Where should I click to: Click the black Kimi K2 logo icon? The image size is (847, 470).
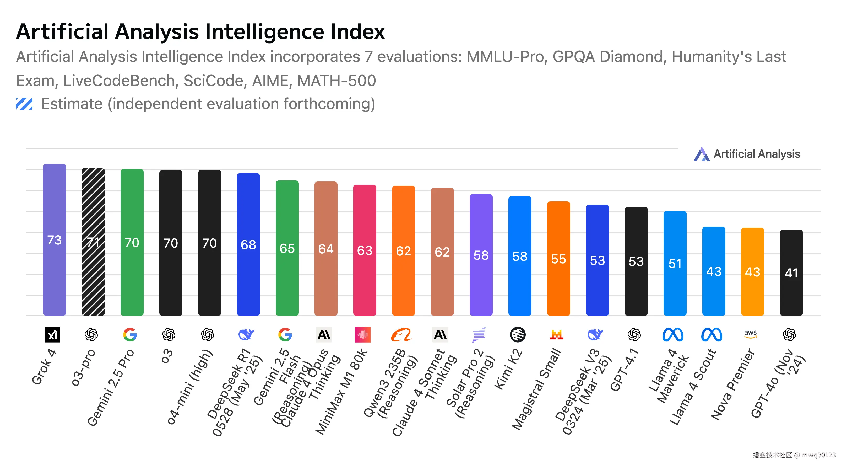click(x=518, y=335)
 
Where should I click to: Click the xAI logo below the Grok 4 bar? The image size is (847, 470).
click(x=52, y=335)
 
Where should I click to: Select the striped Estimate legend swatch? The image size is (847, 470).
click(x=24, y=104)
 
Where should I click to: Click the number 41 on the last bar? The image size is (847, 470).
click(x=791, y=273)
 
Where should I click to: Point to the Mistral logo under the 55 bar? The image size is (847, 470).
click(x=556, y=335)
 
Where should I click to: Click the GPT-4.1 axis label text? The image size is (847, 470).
click(x=624, y=370)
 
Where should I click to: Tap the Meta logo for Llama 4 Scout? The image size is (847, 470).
click(x=712, y=335)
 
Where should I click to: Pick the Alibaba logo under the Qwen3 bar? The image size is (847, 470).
click(x=401, y=335)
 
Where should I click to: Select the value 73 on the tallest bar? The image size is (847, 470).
click(x=54, y=240)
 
